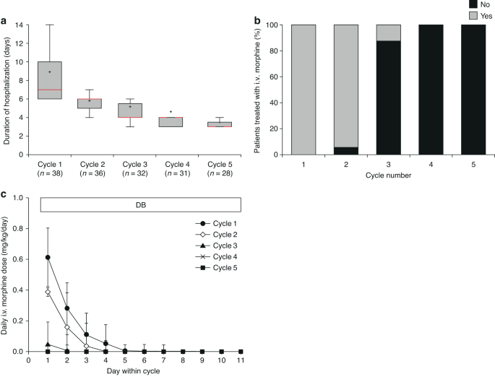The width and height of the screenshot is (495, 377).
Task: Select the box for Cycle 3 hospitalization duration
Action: (x=130, y=110)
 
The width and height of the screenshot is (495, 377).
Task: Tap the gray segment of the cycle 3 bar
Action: (x=398, y=32)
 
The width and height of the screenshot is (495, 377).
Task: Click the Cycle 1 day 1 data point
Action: (x=48, y=258)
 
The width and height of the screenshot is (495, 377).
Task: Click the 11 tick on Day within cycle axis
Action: (x=242, y=360)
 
